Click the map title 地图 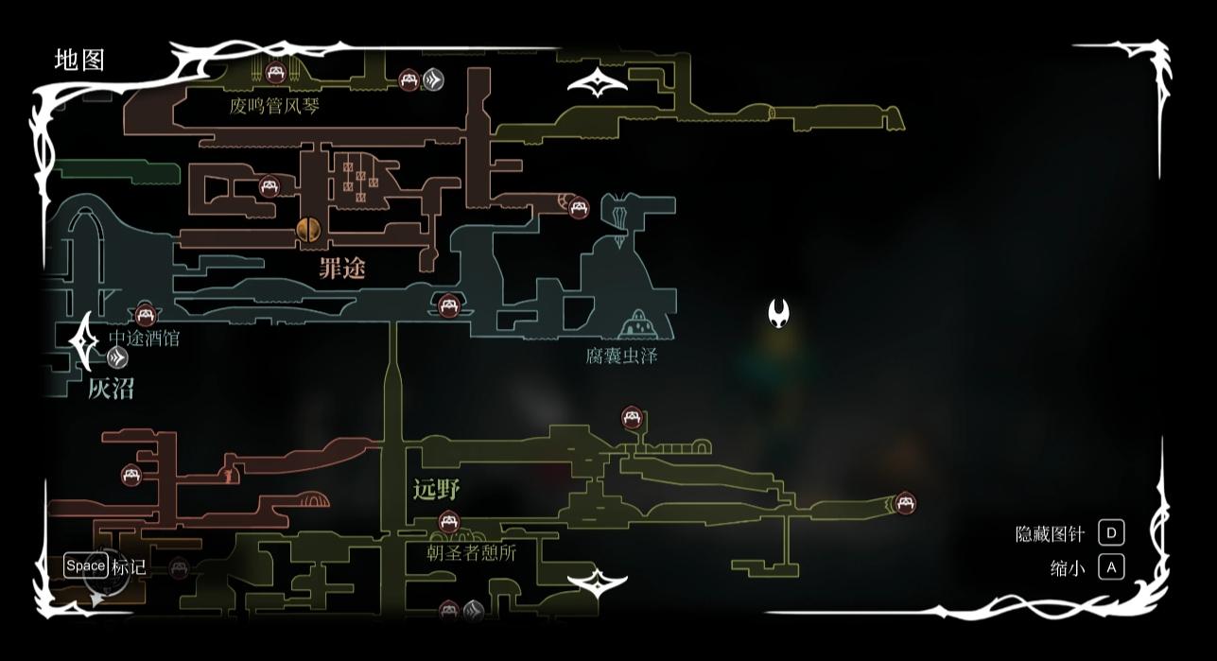(79, 60)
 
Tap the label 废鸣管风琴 (274, 105)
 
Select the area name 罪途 (341, 269)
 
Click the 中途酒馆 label (144, 338)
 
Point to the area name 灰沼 (111, 388)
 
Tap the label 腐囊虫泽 (621, 356)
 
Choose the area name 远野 (436, 489)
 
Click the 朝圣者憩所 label (471, 552)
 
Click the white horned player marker (778, 313)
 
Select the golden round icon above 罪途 (307, 230)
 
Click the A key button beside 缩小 (1111, 566)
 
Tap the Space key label (85, 565)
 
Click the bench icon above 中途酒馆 (145, 315)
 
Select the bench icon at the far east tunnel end (905, 503)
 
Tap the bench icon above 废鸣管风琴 (275, 71)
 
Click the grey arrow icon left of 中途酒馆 (117, 357)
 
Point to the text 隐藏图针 (1050, 533)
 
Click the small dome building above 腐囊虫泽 (638, 323)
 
